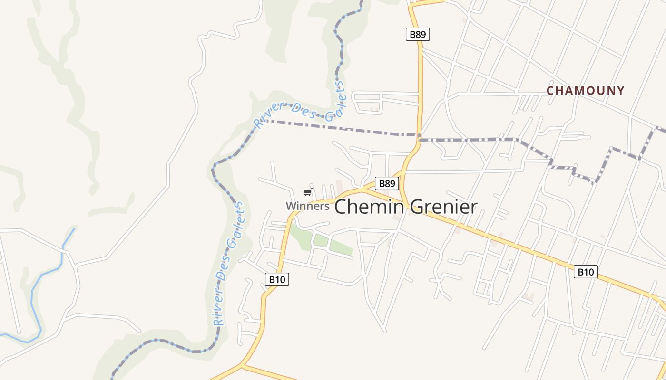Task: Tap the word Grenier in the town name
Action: pos(443,207)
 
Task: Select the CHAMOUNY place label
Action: pos(585,91)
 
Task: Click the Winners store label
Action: pos(307,206)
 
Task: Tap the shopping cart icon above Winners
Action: pos(307,192)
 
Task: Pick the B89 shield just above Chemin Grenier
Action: pos(387,184)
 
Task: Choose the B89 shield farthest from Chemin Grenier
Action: pos(418,34)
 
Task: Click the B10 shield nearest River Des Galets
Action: pos(277,279)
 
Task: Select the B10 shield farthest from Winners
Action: pos(586,272)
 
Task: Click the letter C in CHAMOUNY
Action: pos(550,91)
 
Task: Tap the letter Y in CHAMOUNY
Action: pos(620,91)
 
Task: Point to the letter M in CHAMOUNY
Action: pos(573,91)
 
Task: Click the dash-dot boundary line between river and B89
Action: pos(343,128)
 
